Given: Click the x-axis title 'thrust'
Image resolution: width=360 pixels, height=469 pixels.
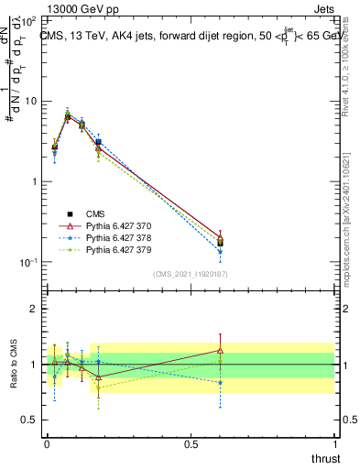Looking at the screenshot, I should coord(326,458).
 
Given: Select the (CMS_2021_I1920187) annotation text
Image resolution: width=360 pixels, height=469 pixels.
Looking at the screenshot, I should coord(191,273).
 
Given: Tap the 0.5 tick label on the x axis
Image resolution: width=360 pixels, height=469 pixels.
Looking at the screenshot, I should coord(191,442).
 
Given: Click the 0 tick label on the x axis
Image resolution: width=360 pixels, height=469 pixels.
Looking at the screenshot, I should coord(47,442).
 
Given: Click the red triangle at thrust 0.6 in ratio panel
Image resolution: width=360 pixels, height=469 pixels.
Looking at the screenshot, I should coord(220,350).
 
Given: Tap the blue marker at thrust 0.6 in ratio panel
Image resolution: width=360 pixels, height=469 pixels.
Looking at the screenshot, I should coord(220,382).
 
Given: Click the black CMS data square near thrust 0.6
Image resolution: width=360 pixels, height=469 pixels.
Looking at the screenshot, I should coord(220,243).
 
